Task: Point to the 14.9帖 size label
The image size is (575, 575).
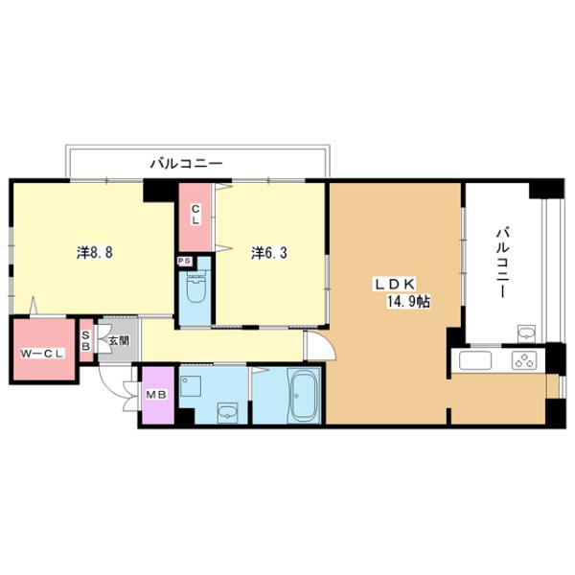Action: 409,301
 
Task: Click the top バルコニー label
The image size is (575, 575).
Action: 186,164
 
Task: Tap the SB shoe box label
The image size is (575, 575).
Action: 85,341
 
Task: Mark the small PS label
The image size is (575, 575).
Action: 181,259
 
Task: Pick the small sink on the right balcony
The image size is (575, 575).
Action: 524,333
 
